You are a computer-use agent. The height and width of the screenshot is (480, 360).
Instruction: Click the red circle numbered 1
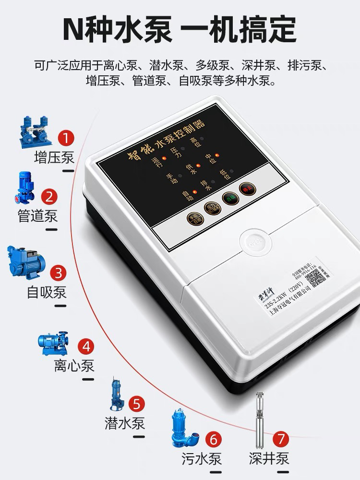(x=67, y=138)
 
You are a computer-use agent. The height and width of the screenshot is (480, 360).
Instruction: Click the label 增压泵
(x=54, y=157)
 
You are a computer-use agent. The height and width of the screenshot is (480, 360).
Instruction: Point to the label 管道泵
(x=37, y=216)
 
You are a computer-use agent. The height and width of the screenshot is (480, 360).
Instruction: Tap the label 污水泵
(x=202, y=458)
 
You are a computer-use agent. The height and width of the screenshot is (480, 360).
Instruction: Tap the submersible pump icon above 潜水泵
(x=116, y=393)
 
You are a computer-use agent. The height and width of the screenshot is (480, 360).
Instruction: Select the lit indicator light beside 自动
(x=194, y=193)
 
